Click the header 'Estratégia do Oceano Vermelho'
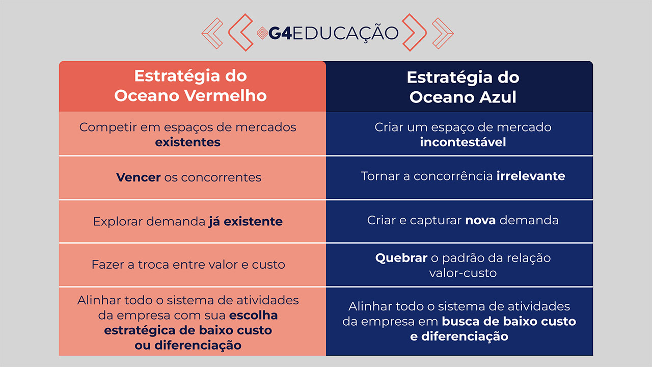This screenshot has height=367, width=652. [191, 86]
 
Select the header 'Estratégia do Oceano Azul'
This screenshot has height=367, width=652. [463, 87]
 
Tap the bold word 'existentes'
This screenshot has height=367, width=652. [188, 142]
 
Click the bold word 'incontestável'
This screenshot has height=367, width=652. [463, 142]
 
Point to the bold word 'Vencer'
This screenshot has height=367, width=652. [139, 177]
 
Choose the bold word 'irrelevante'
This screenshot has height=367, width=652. [531, 176]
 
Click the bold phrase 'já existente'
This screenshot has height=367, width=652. [246, 222]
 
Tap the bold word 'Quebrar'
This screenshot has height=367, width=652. [401, 258]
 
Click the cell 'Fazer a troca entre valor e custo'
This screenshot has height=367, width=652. [188, 265]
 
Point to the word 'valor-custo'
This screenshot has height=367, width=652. [463, 273]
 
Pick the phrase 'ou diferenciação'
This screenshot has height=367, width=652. [188, 345]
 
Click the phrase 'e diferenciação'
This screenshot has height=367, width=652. [459, 336]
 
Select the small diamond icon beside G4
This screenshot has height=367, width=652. [262, 33]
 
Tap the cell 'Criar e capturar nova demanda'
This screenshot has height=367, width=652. [463, 220]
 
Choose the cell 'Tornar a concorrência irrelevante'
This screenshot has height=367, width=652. [463, 176]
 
